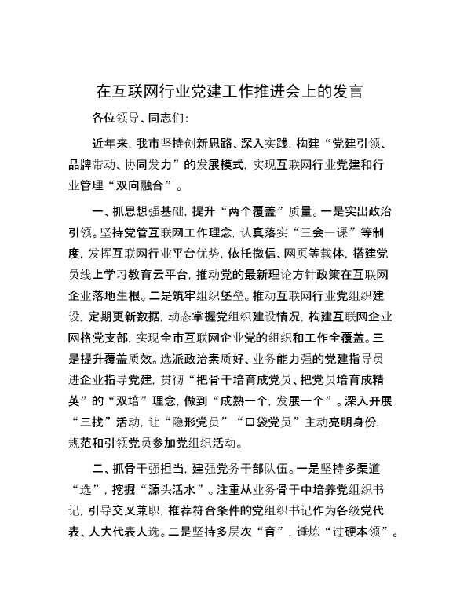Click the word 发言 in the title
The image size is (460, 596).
pos(347,90)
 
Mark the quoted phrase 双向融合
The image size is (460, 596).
pos(147,187)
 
